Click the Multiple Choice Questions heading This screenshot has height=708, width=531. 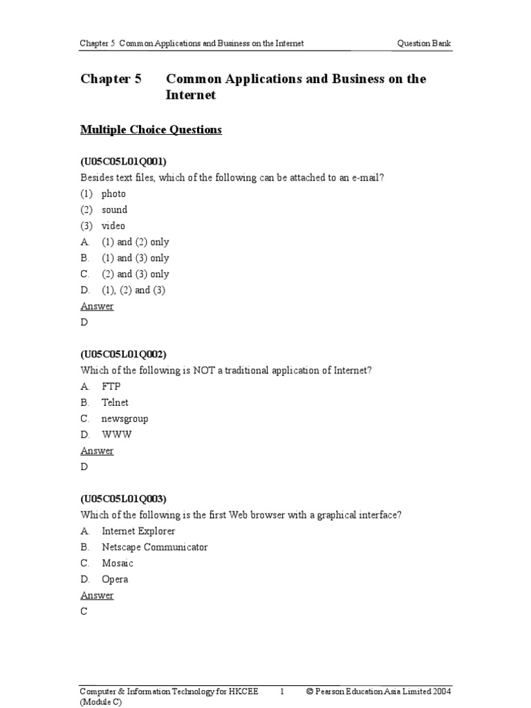coord(151,129)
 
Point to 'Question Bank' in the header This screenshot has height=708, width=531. coord(425,44)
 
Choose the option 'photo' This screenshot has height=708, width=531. coord(113,194)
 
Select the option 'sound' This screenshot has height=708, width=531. coord(114,209)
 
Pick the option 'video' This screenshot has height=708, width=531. coord(113,226)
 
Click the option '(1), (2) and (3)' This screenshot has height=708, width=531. coord(133,290)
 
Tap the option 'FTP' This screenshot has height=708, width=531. coord(111,386)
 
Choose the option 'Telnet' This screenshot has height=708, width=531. coord(115,402)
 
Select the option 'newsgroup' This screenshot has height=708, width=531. coord(124,418)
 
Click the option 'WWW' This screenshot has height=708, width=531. coord(116,435)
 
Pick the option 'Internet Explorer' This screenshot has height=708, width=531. coord(138,531)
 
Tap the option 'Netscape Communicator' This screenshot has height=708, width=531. coord(154,547)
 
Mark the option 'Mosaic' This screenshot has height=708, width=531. coord(118,563)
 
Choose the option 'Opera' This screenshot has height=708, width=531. coord(115,579)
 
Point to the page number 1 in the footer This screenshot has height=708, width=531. coord(282,691)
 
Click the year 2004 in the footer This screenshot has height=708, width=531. coord(441,691)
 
